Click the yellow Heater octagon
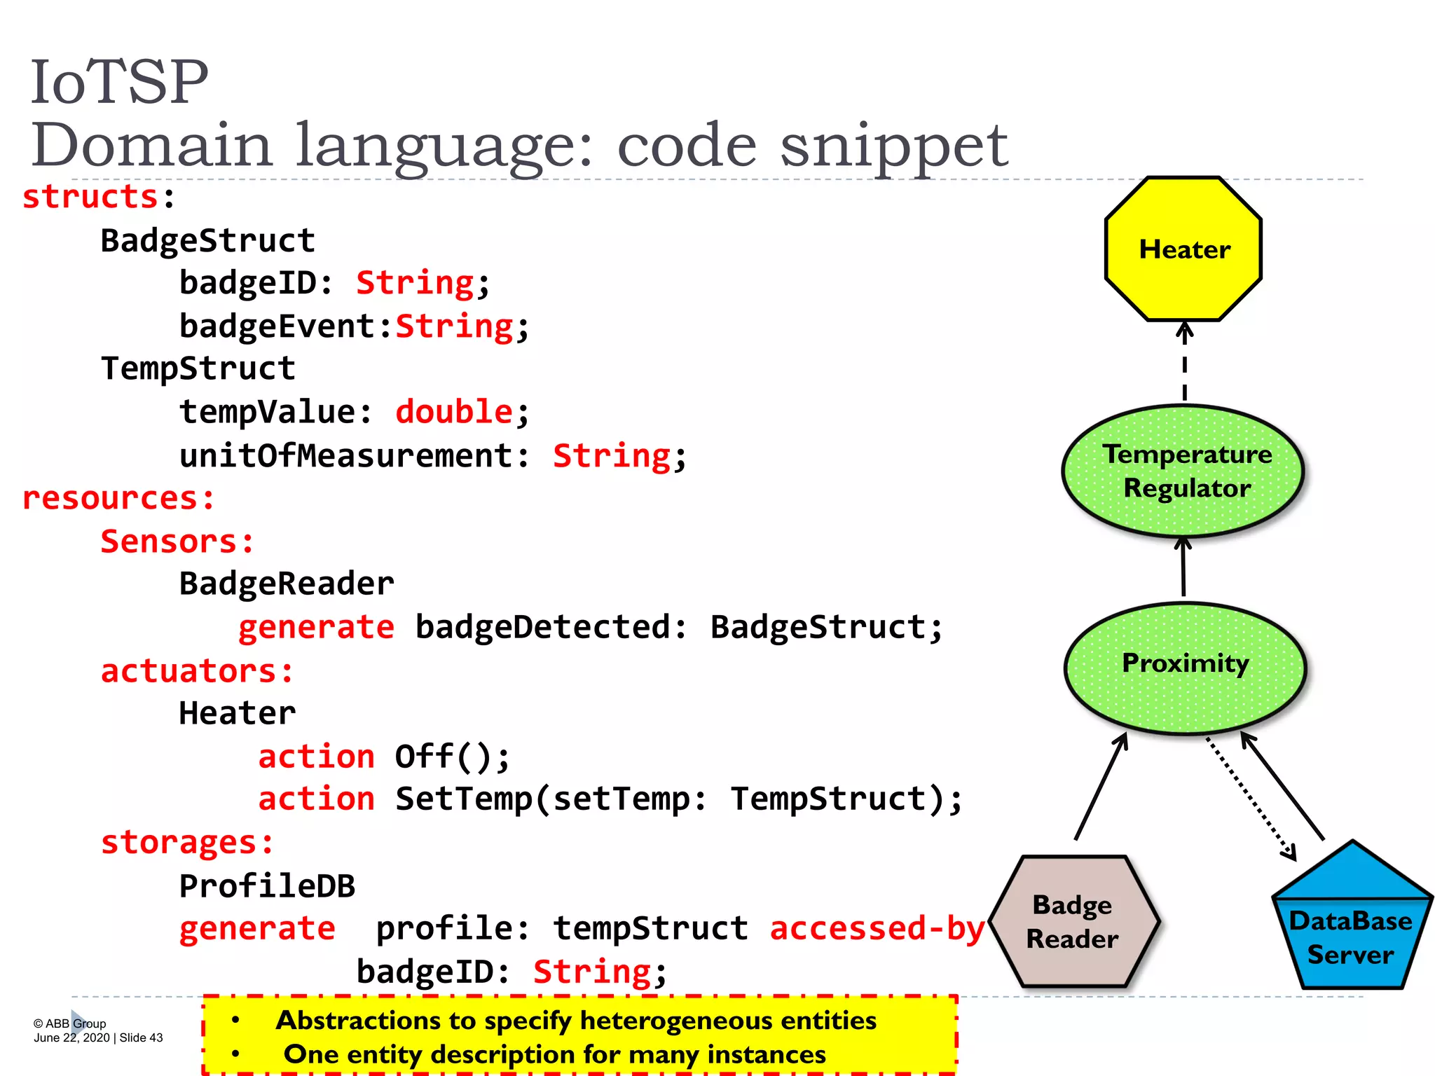pyautogui.click(x=1183, y=249)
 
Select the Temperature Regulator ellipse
pyautogui.click(x=1183, y=471)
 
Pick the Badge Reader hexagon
pyautogui.click(x=1073, y=921)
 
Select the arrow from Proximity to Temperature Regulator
pyautogui.click(x=1183, y=567)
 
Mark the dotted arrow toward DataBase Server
pyautogui.click(x=1251, y=799)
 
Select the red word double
pyautogui.click(x=454, y=411)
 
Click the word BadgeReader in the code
pyautogui.click(x=287, y=584)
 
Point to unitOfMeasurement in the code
pyautogui.click(x=346, y=455)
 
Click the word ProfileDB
pyautogui.click(x=267, y=886)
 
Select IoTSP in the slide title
pyautogui.click(x=119, y=83)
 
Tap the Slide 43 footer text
pyautogui.click(x=141, y=1038)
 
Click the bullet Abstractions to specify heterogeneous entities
pyautogui.click(x=575, y=1021)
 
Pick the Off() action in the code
pyautogui.click(x=452, y=757)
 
